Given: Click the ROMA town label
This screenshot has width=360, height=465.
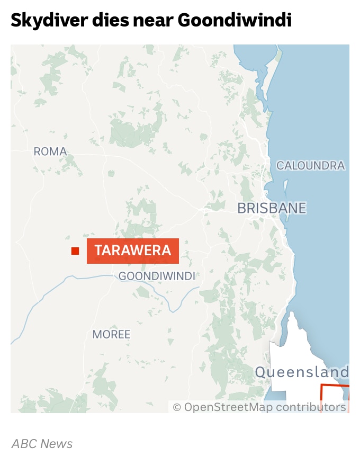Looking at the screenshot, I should pyautogui.click(x=50, y=152).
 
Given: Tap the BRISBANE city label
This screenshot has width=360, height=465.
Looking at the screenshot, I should pyautogui.click(x=272, y=208).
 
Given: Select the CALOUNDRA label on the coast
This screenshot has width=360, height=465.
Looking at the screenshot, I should pyautogui.click(x=310, y=166).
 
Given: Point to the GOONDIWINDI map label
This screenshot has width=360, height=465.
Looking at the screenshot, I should pyautogui.click(x=157, y=276).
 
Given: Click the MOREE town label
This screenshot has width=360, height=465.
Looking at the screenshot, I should pyautogui.click(x=111, y=335).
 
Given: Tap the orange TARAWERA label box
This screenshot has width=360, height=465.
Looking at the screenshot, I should pyautogui.click(x=133, y=251).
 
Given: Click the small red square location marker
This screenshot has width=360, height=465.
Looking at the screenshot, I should pyautogui.click(x=75, y=251).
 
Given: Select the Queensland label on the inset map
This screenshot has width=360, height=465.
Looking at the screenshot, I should pyautogui.click(x=302, y=372).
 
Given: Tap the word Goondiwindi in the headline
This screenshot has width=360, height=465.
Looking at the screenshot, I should pyautogui.click(x=235, y=20).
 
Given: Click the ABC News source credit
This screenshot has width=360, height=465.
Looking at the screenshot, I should pyautogui.click(x=42, y=444).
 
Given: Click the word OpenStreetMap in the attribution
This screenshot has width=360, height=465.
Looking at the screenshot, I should pyautogui.click(x=228, y=407).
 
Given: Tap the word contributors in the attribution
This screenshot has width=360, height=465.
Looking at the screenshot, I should pyautogui.click(x=311, y=407).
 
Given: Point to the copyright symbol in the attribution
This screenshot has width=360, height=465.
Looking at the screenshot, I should pyautogui.click(x=177, y=407).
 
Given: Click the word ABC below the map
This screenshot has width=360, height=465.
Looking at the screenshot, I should pyautogui.click(x=24, y=444).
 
